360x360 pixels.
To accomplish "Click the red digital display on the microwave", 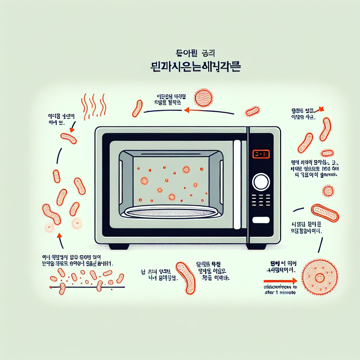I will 261,154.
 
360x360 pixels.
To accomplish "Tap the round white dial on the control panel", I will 261,182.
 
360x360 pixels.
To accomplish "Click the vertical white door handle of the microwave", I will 237,184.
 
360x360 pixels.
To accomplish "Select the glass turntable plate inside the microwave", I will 172,211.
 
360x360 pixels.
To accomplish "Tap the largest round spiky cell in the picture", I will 320,277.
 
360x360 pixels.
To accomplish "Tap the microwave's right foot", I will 257,246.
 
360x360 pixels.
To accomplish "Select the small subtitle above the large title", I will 192,53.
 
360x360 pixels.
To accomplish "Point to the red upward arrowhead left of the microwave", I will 59,236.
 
